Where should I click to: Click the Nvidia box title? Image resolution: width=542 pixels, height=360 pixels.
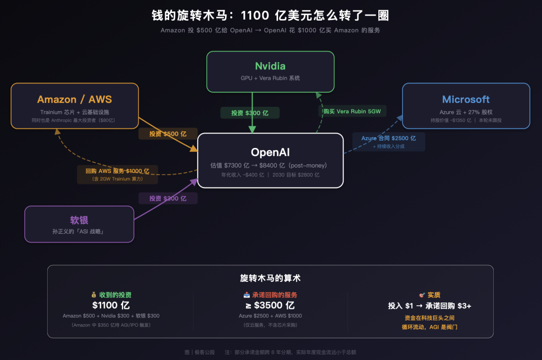(270, 66)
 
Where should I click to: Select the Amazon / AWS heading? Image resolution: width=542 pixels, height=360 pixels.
(74, 99)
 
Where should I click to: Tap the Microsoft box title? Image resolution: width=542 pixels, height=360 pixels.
(466, 99)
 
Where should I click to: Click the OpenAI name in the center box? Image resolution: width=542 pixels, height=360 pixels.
(270, 152)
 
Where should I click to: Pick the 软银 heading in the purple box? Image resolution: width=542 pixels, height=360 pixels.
(79, 220)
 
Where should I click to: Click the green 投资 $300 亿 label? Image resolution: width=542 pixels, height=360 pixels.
(250, 113)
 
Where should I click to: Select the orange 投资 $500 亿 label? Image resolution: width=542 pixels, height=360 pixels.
(167, 133)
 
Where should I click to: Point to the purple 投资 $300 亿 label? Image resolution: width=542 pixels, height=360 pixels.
(167, 198)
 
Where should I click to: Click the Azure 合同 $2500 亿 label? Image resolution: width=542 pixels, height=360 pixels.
(388, 138)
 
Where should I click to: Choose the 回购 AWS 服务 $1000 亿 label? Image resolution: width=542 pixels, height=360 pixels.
(117, 171)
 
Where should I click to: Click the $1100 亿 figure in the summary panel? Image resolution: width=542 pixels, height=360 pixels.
(111, 305)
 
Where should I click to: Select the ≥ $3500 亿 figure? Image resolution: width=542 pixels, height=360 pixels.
(269, 305)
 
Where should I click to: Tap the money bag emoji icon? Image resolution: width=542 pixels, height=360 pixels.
(93, 295)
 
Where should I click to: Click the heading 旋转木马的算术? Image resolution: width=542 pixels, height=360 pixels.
(270, 278)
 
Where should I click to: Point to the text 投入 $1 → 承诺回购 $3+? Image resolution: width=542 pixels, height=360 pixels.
(429, 306)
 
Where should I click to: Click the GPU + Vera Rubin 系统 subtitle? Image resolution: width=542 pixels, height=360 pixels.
(270, 78)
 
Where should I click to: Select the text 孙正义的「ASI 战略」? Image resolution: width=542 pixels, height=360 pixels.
(79, 232)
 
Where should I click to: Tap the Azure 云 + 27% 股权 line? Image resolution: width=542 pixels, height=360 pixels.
(466, 112)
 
